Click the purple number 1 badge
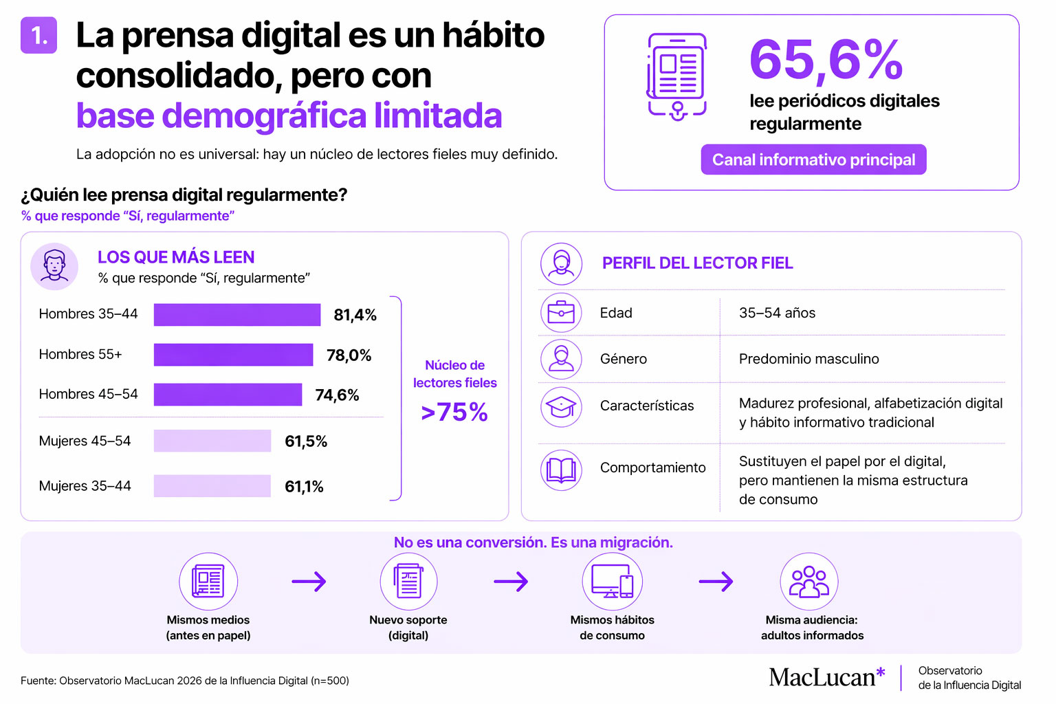(x=38, y=35)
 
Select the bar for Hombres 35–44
(x=236, y=314)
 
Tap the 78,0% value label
(x=349, y=355)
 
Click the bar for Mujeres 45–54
(x=212, y=441)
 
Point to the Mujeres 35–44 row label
(x=85, y=486)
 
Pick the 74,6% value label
(x=337, y=395)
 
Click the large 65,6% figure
(x=826, y=59)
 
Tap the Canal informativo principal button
(x=813, y=159)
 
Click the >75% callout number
(x=454, y=412)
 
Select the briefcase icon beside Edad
(x=561, y=313)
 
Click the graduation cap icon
(x=561, y=407)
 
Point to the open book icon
(x=561, y=470)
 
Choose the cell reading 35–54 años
(x=777, y=313)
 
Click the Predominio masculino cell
(x=808, y=359)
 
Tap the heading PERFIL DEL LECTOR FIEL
(x=697, y=263)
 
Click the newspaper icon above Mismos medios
(x=208, y=582)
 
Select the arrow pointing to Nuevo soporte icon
(x=309, y=582)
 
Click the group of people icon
(x=809, y=582)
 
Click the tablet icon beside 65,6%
(x=676, y=76)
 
